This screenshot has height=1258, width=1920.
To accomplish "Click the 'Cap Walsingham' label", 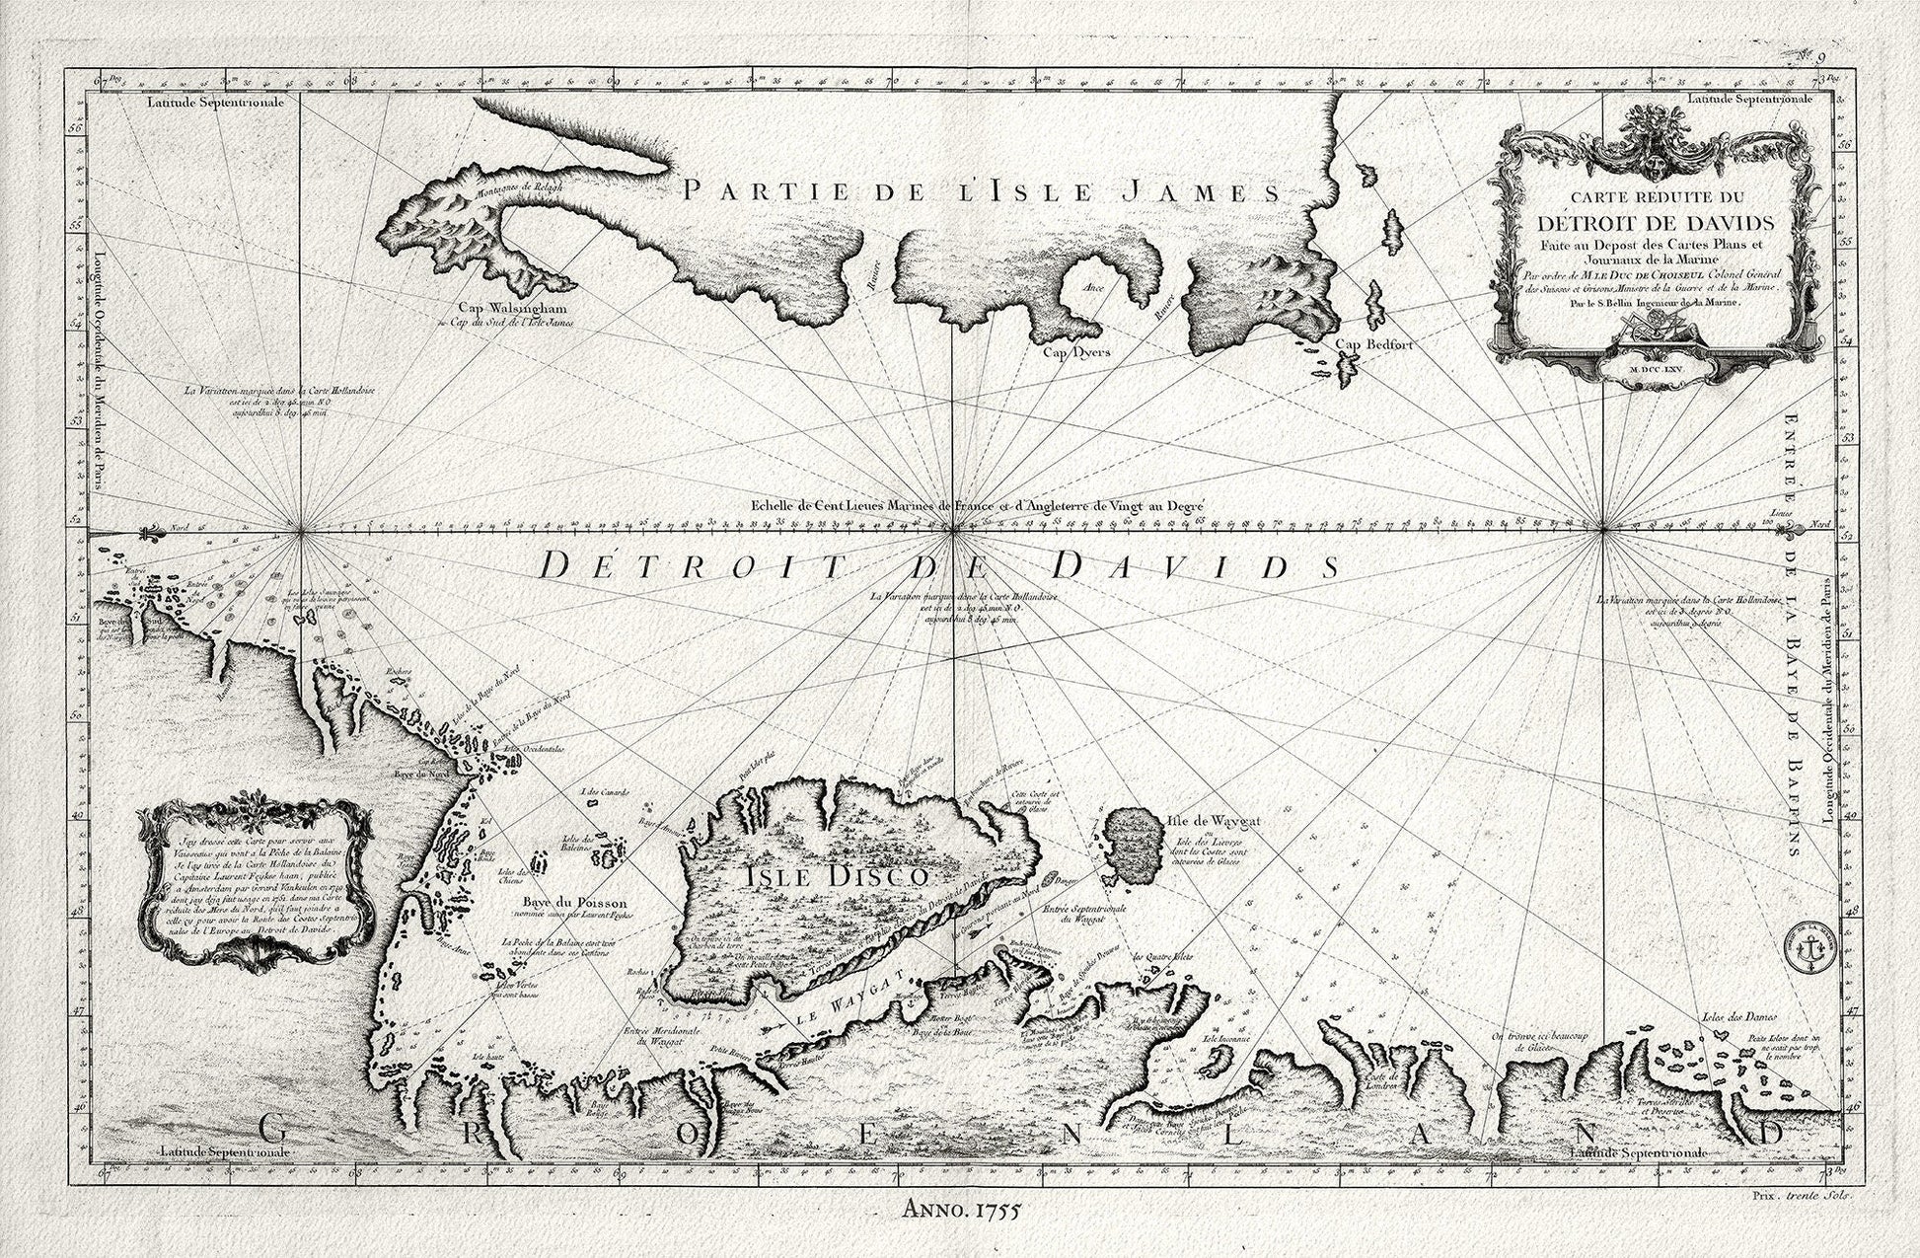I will [497, 307].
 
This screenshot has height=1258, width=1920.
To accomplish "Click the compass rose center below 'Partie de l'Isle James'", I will [951, 533].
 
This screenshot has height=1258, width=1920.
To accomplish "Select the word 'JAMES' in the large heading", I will [1202, 190].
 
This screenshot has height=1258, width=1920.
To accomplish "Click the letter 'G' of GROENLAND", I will [279, 1131].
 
